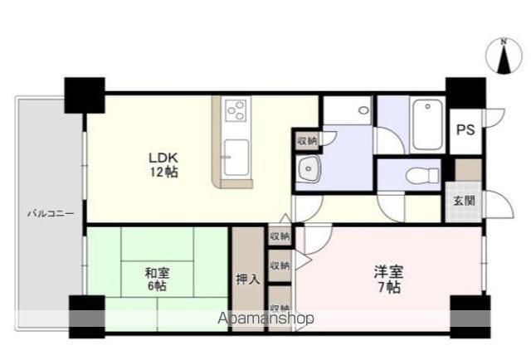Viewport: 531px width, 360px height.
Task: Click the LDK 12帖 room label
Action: pos(163,165)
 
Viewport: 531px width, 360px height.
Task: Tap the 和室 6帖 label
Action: pos(157,280)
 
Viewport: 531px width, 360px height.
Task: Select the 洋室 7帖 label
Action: pos(389,279)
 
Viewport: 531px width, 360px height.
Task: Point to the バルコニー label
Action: pos(51,214)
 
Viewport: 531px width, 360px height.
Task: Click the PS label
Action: pos(465,129)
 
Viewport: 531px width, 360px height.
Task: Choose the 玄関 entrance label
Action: pos(464,201)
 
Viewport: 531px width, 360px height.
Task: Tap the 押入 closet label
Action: pos(248,280)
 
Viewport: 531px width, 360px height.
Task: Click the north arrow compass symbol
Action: pos(504,56)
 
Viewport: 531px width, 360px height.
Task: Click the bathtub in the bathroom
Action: pos(427,124)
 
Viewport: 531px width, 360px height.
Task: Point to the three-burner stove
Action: pos(236,110)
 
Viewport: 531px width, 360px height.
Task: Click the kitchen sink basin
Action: pos(236,158)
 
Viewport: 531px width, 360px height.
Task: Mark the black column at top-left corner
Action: pos(85,95)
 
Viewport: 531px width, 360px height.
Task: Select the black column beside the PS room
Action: pos(465,93)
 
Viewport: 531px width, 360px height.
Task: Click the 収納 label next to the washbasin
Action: pos(307,140)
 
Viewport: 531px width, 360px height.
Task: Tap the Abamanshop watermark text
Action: pos(265,319)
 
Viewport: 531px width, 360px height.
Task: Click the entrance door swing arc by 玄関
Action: pos(500,205)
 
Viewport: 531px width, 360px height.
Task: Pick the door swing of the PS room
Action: pos(495,118)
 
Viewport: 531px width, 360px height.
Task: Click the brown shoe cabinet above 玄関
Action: pos(468,170)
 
